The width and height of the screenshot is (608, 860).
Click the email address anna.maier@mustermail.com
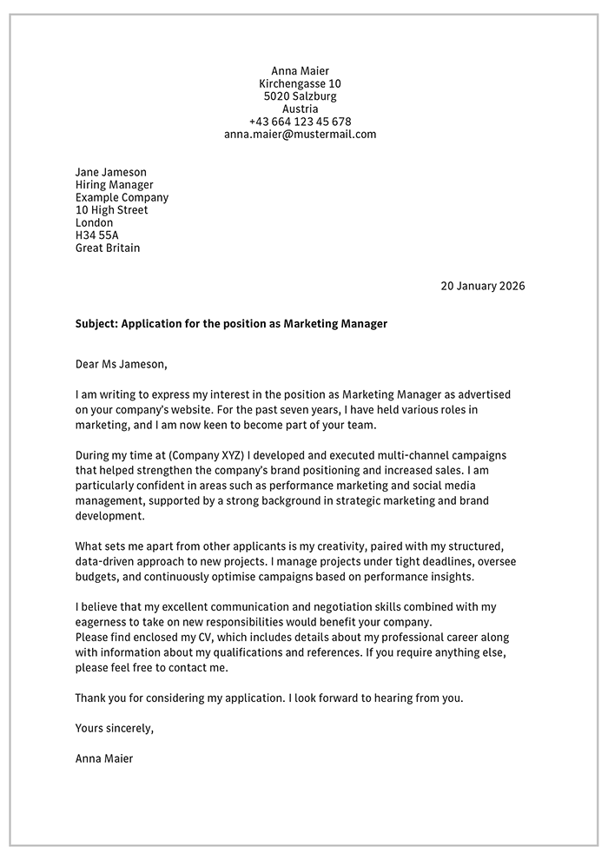coord(300,135)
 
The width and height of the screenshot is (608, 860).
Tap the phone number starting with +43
coord(300,122)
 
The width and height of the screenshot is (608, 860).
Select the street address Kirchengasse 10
coord(300,83)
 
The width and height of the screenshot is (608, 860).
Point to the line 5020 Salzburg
coord(300,96)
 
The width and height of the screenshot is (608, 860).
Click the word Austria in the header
coord(300,109)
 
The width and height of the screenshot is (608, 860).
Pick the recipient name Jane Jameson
coord(111,172)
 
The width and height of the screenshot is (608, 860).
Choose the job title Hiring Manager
coord(114,185)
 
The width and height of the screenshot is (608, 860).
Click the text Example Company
coord(122,197)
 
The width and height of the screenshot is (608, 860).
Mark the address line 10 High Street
coord(111,210)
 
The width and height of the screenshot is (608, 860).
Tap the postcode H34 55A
coord(96,235)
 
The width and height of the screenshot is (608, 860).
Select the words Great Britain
coord(107,248)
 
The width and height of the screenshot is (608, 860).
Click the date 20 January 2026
coord(482,286)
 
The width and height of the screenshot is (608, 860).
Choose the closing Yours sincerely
coord(114,728)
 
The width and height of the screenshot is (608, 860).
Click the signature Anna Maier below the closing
coord(104,758)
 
